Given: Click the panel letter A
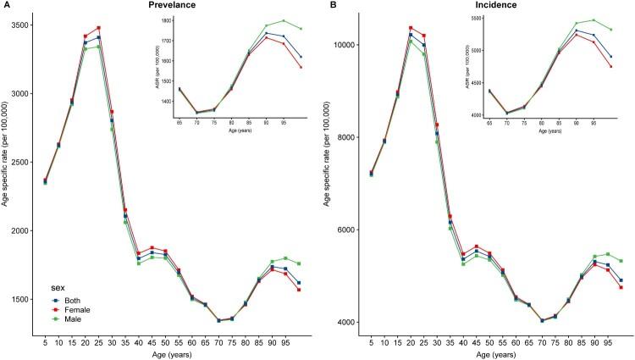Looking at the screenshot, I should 4,6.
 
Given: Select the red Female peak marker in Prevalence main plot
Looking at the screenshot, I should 98,28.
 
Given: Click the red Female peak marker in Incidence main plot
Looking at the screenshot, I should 411,28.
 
